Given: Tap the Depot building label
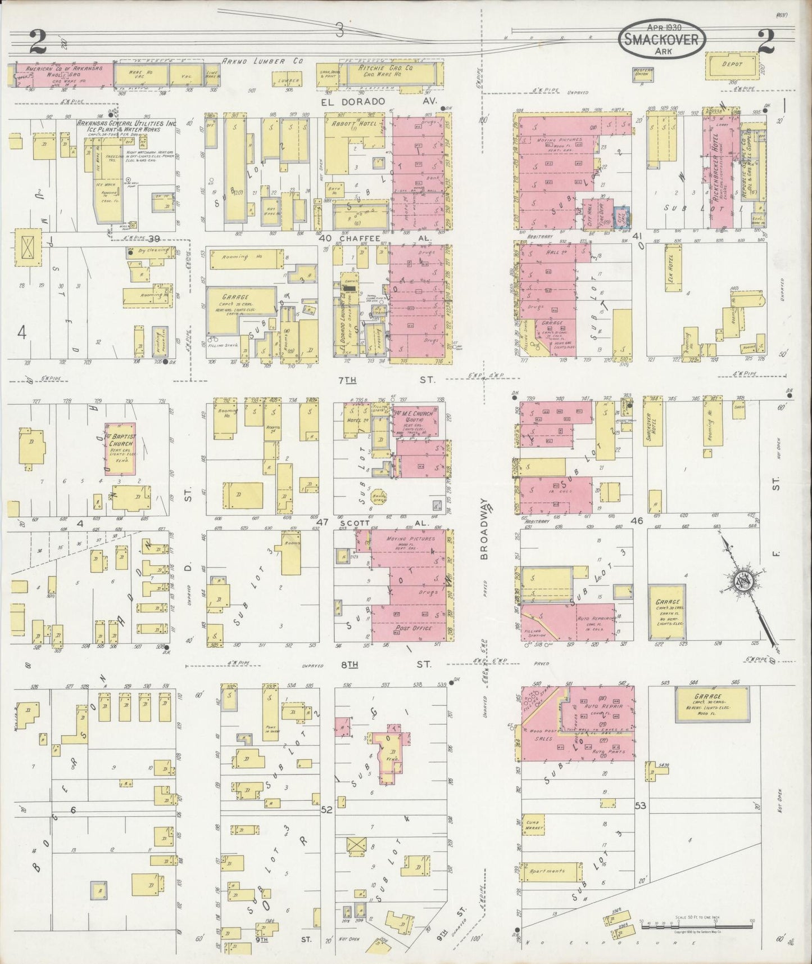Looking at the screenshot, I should (x=732, y=64).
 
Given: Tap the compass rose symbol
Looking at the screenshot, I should (x=746, y=582).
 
